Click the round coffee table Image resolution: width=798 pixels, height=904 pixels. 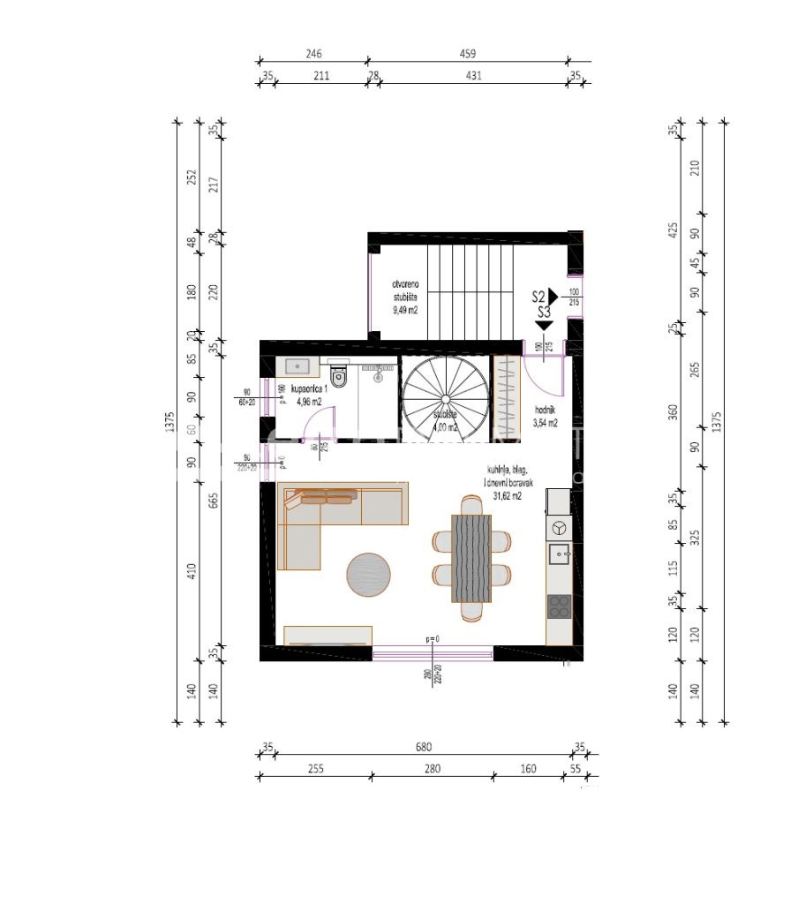pyautogui.click(x=368, y=575)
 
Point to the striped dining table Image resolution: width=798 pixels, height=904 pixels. pyautogui.click(x=471, y=559)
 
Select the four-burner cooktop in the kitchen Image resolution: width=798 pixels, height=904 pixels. pyautogui.click(x=559, y=606)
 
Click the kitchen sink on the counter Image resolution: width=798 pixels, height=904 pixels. pyautogui.click(x=558, y=554)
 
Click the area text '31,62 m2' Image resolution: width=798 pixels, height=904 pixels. pyautogui.click(x=506, y=496)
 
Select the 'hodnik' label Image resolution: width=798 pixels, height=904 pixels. pyautogui.click(x=546, y=411)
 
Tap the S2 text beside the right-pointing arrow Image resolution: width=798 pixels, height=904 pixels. pyautogui.click(x=538, y=298)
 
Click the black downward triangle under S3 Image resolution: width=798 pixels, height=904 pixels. pyautogui.click(x=544, y=326)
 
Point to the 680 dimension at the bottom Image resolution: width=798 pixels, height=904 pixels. pyautogui.click(x=424, y=747)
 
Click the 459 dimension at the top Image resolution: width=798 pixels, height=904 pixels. pyautogui.click(x=469, y=54)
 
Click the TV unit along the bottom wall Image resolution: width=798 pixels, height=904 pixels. pyautogui.click(x=327, y=635)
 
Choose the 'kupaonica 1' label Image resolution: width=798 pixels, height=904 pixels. pyautogui.click(x=309, y=389)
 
